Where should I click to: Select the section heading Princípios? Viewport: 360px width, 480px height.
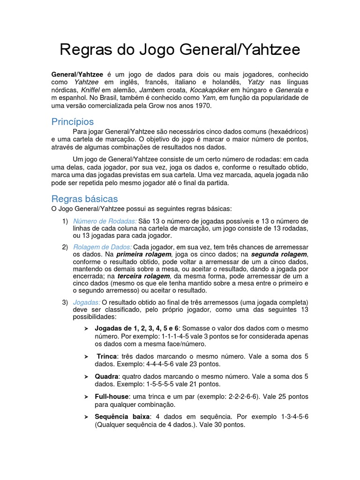tap(72, 122)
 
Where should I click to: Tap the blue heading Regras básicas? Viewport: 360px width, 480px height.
tap(84, 199)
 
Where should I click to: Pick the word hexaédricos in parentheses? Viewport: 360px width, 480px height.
tap(288, 132)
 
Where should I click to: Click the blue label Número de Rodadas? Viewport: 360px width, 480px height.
tap(105, 221)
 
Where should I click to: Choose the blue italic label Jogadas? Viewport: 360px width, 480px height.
tap(86, 302)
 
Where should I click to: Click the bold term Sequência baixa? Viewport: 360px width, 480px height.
tap(122, 417)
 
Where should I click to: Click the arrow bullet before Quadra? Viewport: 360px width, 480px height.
tap(86, 376)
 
